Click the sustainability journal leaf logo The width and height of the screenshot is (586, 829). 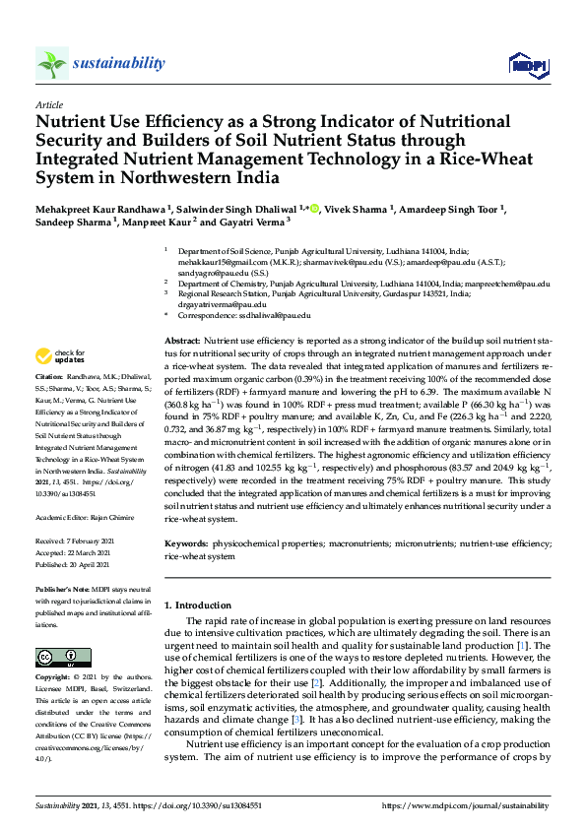click(x=52, y=64)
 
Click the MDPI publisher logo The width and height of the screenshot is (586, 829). click(x=527, y=65)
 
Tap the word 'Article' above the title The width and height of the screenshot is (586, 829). click(x=49, y=104)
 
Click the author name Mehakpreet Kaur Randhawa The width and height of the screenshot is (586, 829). click(x=100, y=209)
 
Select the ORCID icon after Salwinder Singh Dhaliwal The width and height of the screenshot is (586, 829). click(x=316, y=209)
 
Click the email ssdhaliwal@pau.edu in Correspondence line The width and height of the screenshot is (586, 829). click(x=281, y=315)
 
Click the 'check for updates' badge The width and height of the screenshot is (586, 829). click(x=61, y=355)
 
